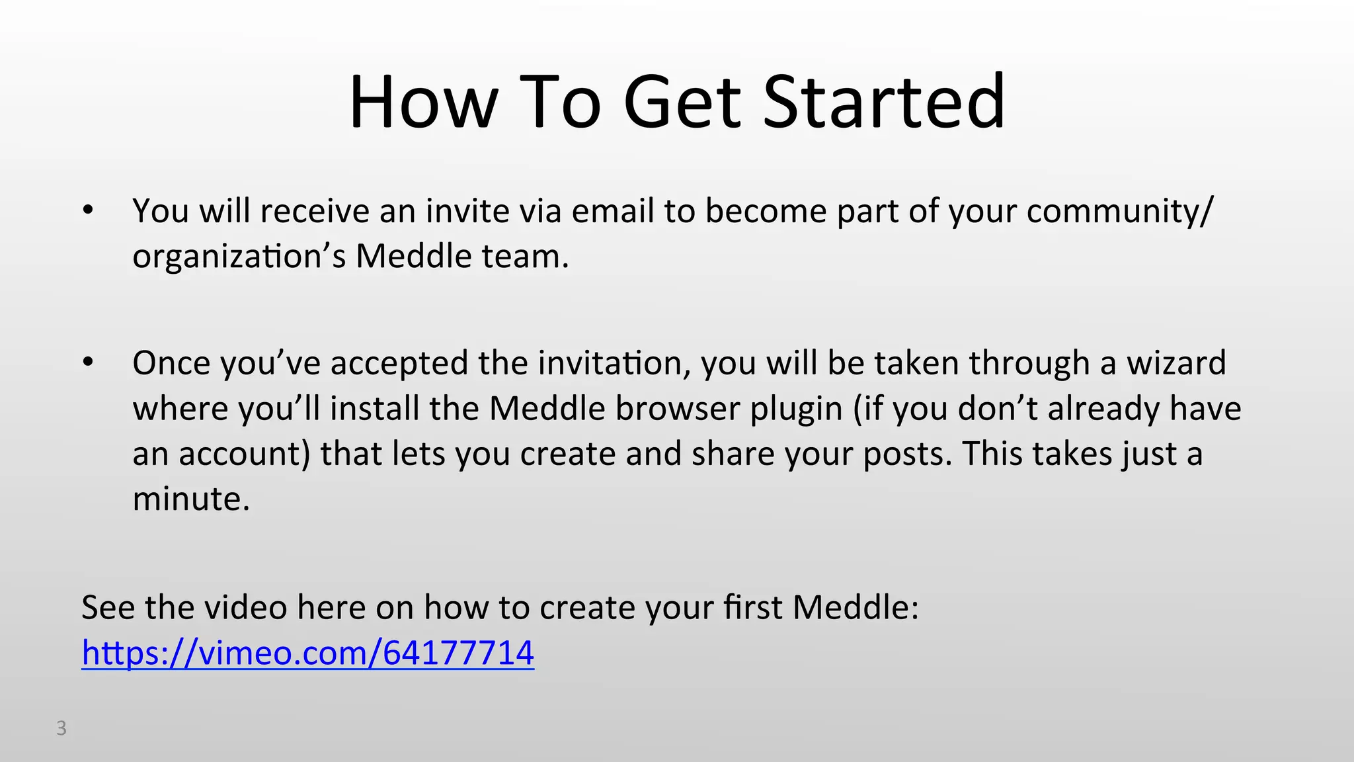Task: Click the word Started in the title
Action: [x=884, y=103]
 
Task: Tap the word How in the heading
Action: [x=423, y=103]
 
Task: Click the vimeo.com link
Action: [x=307, y=653]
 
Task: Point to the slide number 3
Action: [x=61, y=728]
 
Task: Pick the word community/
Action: [x=1120, y=211]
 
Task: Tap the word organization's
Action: [x=239, y=257]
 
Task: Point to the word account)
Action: [x=244, y=454]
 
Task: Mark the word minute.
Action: [x=191, y=499]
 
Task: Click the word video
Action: [x=245, y=607]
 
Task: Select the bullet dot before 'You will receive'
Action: [x=88, y=211]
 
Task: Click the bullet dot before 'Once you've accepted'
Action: [x=88, y=363]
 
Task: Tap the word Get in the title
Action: [x=682, y=103]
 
